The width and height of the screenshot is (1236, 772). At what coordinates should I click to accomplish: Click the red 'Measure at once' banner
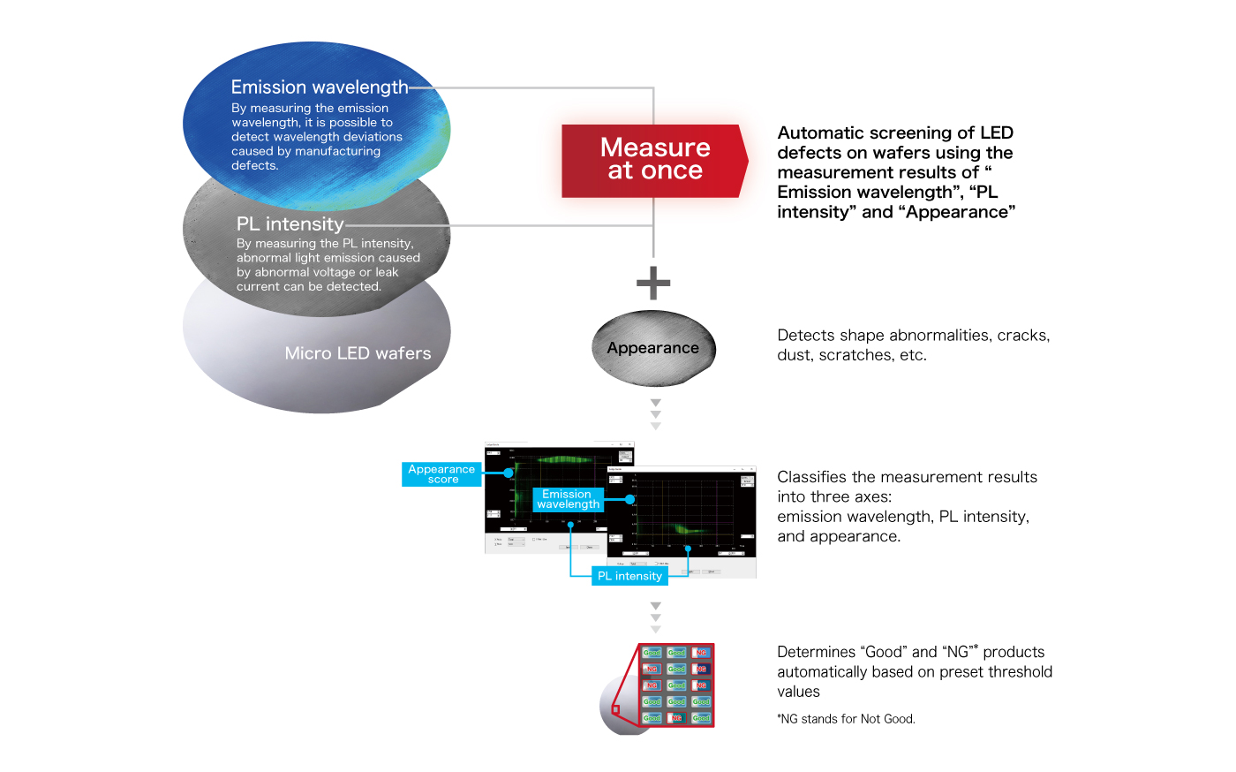pyautogui.click(x=654, y=160)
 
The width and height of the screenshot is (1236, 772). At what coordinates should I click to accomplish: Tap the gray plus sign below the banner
pyautogui.click(x=653, y=283)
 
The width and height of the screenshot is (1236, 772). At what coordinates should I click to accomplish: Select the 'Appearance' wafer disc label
pyautogui.click(x=652, y=348)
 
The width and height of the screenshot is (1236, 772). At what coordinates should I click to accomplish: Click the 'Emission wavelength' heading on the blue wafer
pyautogui.click(x=320, y=87)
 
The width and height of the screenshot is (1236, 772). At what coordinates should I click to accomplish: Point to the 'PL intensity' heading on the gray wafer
pyautogui.click(x=290, y=224)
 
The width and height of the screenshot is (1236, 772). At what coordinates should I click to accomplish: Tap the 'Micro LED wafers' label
pyautogui.click(x=358, y=353)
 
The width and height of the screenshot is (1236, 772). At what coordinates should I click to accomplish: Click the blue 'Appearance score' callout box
pyautogui.click(x=441, y=474)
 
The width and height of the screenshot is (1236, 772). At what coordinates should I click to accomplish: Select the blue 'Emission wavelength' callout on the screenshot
pyautogui.click(x=568, y=499)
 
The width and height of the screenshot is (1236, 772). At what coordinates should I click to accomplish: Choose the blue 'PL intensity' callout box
pyautogui.click(x=629, y=576)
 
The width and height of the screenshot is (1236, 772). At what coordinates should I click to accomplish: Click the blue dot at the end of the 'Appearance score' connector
pyautogui.click(x=509, y=473)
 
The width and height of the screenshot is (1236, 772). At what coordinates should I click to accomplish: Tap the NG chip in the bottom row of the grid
pyautogui.click(x=676, y=718)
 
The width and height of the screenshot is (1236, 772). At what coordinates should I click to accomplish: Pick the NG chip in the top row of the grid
pyautogui.click(x=701, y=653)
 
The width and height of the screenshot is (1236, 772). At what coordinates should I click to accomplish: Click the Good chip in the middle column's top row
pyautogui.click(x=676, y=653)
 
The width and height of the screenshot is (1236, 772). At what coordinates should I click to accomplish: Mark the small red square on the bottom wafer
pyautogui.click(x=615, y=709)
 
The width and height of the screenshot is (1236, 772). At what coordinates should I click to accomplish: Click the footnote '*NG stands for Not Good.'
pyautogui.click(x=846, y=719)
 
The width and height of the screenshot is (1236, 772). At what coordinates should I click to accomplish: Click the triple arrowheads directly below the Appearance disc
pyautogui.click(x=655, y=414)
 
